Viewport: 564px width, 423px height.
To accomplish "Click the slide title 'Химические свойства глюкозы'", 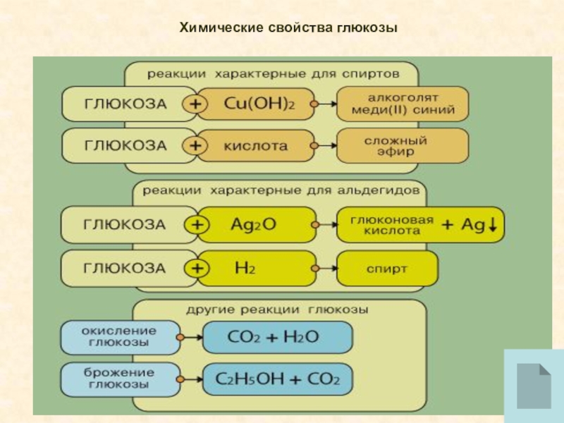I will tap(289, 28).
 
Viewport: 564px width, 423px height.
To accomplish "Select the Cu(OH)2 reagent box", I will tap(258, 104).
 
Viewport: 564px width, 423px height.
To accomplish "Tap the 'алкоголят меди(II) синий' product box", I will tap(402, 104).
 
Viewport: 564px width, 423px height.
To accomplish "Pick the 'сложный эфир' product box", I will tap(402, 146).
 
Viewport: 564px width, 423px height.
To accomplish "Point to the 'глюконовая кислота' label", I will tap(385, 224).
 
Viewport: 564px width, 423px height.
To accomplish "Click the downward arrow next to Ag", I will tap(493, 224).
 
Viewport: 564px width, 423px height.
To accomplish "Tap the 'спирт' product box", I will tap(386, 268).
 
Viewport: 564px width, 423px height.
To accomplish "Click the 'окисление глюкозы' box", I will tap(119, 337).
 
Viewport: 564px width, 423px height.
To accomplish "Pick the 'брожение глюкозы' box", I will tap(119, 379).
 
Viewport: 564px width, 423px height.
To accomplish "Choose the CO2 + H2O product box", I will tap(276, 337).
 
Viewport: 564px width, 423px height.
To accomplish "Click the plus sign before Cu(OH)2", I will tap(195, 104).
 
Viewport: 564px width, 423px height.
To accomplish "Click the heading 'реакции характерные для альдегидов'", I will tap(281, 190).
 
